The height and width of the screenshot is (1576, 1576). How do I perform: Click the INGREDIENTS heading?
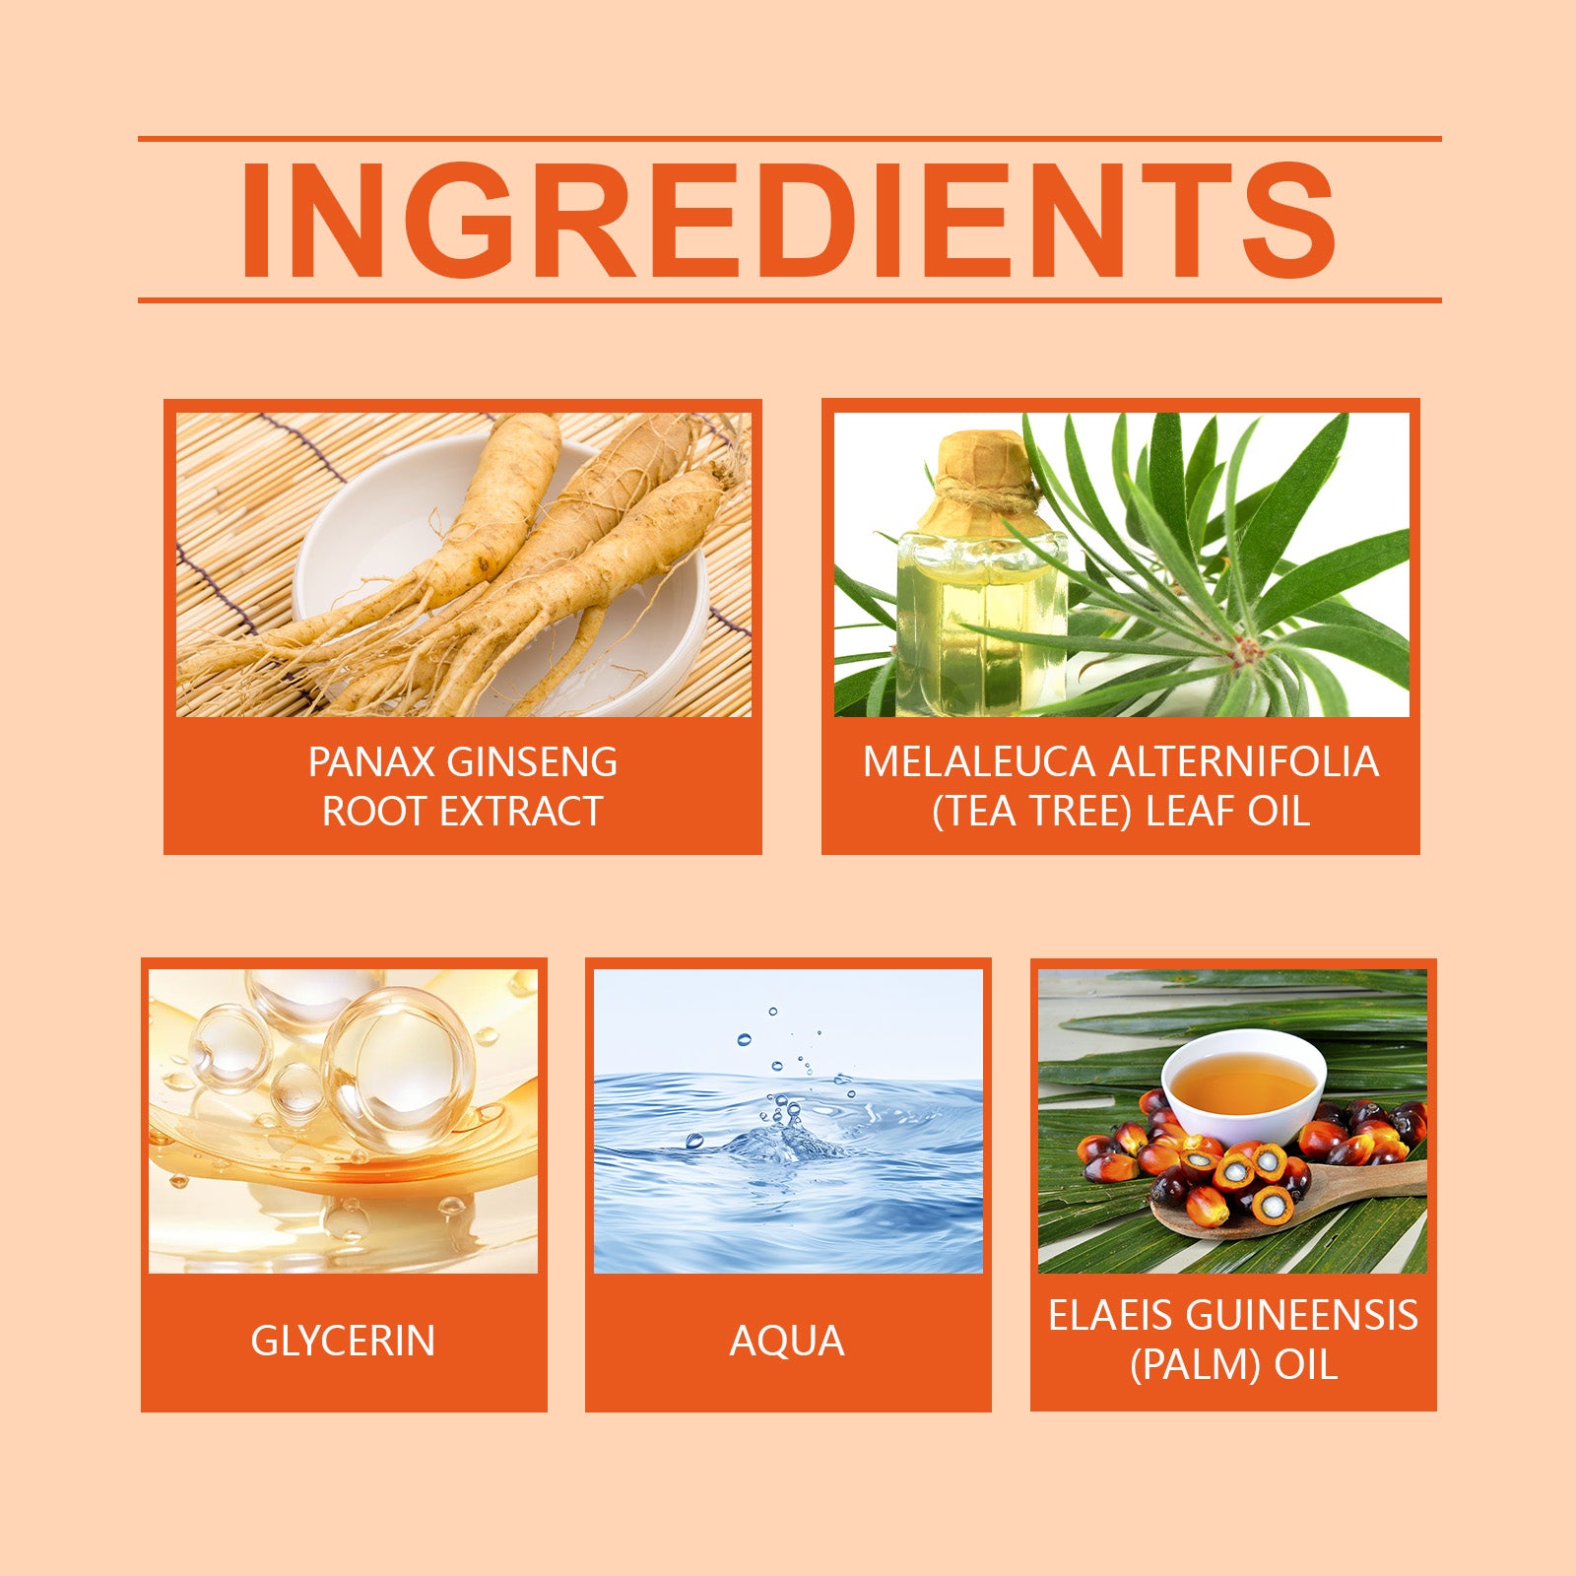point(788,219)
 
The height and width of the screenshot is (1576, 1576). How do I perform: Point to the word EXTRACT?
point(520,812)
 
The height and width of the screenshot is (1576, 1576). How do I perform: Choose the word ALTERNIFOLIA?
point(1244,762)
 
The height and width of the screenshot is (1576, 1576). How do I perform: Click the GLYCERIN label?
point(343,1342)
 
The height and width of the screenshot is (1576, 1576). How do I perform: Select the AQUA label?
point(787,1342)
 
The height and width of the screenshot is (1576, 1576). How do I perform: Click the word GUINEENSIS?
point(1299,1316)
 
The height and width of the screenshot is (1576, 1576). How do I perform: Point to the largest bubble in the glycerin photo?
point(399,1069)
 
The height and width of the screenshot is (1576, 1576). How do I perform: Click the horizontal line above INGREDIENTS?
point(789,139)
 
